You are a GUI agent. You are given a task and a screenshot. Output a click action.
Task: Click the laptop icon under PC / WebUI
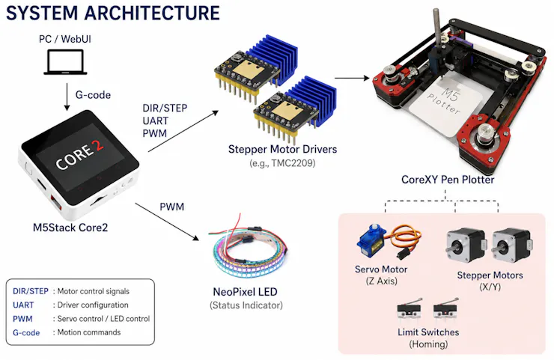click(65, 62)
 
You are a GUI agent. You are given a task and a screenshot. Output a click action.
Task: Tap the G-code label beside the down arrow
click(93, 95)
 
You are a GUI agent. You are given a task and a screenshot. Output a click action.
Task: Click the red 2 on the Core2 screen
click(97, 146)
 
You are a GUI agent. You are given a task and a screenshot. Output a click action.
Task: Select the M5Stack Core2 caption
click(70, 228)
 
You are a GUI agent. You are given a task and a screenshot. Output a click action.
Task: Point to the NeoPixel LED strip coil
click(249, 251)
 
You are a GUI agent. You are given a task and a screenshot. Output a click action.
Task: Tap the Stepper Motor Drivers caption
click(282, 149)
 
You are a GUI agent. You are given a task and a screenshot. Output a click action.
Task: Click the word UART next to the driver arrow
click(155, 120)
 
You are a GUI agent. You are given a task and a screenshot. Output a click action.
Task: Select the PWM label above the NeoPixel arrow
click(171, 207)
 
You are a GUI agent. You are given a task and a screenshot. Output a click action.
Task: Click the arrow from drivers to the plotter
click(352, 78)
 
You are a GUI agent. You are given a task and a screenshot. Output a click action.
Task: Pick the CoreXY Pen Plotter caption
click(448, 180)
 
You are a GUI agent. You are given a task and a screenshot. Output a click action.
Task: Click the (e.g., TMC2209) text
click(282, 163)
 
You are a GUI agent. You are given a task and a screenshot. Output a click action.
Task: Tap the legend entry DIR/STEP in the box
click(31, 291)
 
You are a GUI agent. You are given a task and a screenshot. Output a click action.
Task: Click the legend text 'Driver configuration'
click(93, 305)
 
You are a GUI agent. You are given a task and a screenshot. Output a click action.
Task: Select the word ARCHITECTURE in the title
click(152, 13)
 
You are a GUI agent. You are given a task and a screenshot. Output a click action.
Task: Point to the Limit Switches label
click(428, 332)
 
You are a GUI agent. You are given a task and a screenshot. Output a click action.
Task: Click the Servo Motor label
click(381, 269)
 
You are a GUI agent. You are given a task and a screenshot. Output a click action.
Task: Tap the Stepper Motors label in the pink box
click(490, 275)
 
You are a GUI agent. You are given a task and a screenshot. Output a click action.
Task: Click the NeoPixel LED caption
click(246, 292)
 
